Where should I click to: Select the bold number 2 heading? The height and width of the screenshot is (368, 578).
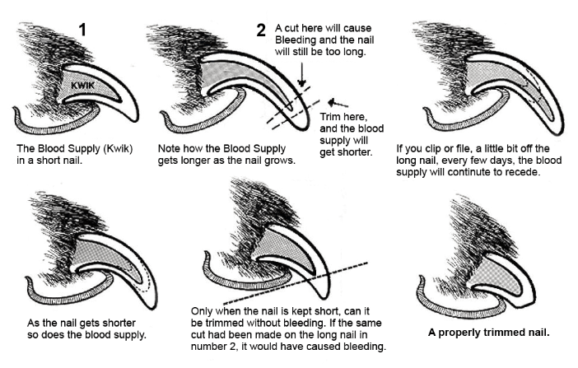[x=260, y=31]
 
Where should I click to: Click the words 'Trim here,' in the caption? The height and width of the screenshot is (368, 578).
[x=341, y=118]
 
